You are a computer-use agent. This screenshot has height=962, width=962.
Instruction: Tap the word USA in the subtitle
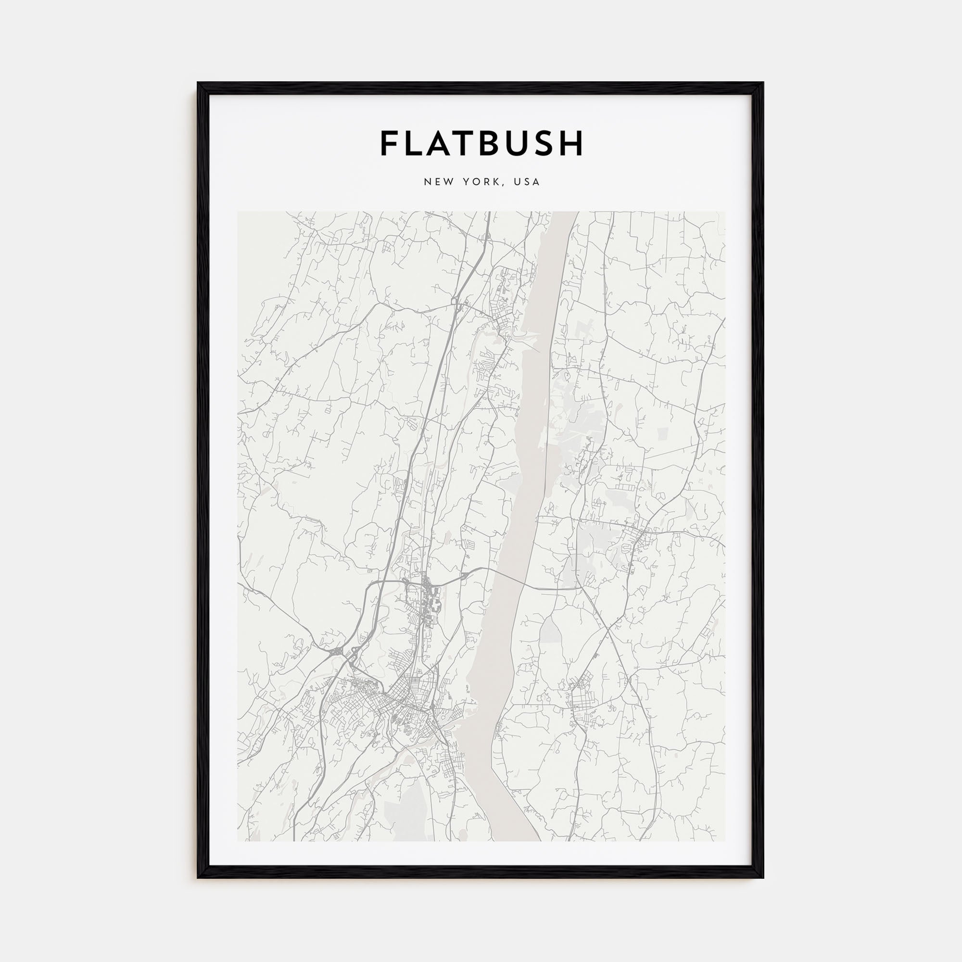coord(527,182)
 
